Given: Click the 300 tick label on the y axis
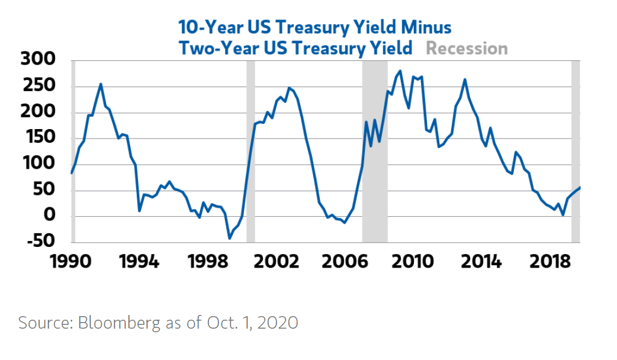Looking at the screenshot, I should (38, 59).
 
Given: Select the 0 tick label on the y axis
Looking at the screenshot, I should (50, 215).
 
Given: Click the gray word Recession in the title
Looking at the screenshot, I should (467, 49).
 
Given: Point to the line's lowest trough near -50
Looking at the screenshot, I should (229, 238).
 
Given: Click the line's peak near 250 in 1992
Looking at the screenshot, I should (101, 84).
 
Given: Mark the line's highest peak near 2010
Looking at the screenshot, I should (400, 71).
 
